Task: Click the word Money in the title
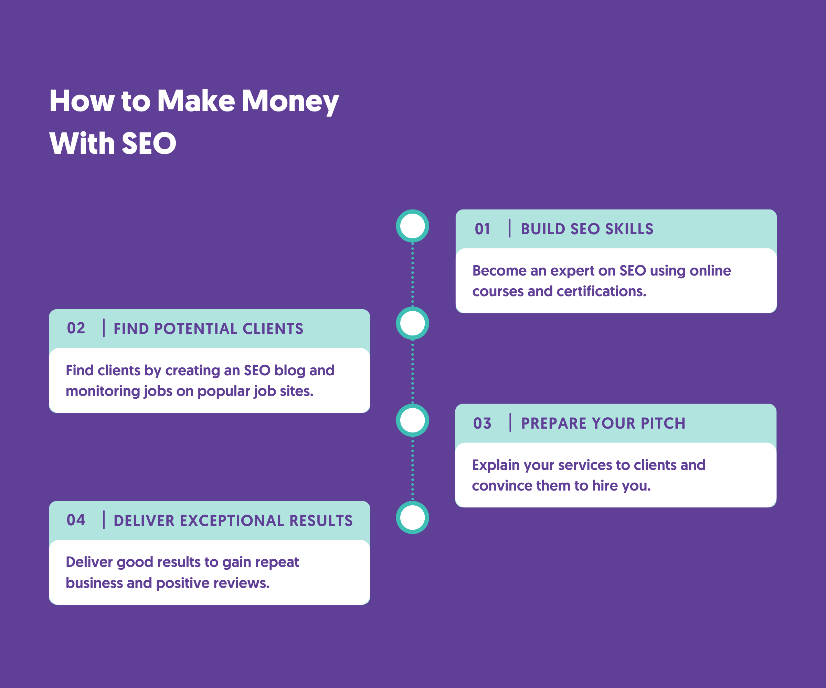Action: (x=290, y=101)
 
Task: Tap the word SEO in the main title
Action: (x=149, y=143)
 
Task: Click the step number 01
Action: (x=482, y=229)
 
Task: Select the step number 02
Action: (x=76, y=328)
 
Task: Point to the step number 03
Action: (x=482, y=423)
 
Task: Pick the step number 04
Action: (x=76, y=520)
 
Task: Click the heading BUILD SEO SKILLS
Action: (x=587, y=229)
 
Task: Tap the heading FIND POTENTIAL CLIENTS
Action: (x=209, y=329)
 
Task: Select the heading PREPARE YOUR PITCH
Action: (x=603, y=423)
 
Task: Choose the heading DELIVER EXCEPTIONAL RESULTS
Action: (x=233, y=520)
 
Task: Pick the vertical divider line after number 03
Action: (x=510, y=423)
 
